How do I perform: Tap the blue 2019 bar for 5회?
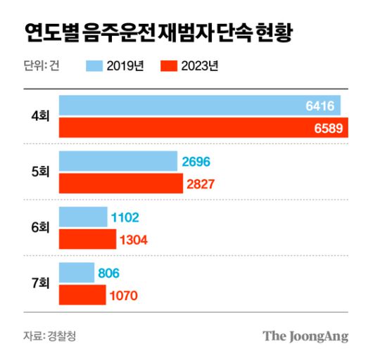tap(118, 162)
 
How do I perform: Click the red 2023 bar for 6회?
tap(87, 239)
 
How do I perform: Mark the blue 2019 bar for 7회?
tap(77, 273)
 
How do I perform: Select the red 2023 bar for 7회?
tap(82, 295)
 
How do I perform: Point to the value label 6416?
tap(321, 106)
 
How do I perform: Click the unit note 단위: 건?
tap(41, 66)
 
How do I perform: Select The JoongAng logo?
tap(305, 336)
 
